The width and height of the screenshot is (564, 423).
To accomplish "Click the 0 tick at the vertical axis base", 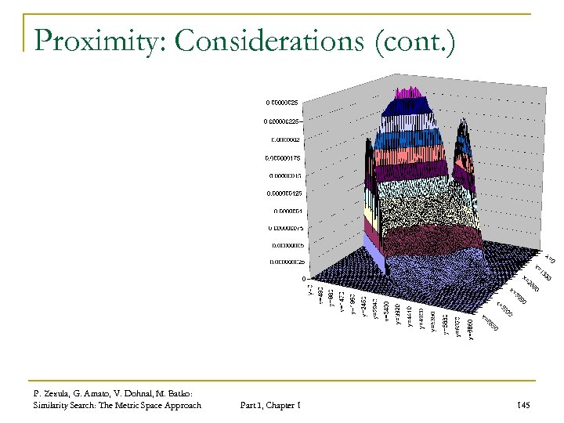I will click(303, 280).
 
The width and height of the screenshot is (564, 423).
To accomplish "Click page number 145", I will click(523, 405).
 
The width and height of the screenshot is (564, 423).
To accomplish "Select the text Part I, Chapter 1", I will click(269, 405).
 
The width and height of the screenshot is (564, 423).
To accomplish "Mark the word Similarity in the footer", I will click(52, 405).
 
